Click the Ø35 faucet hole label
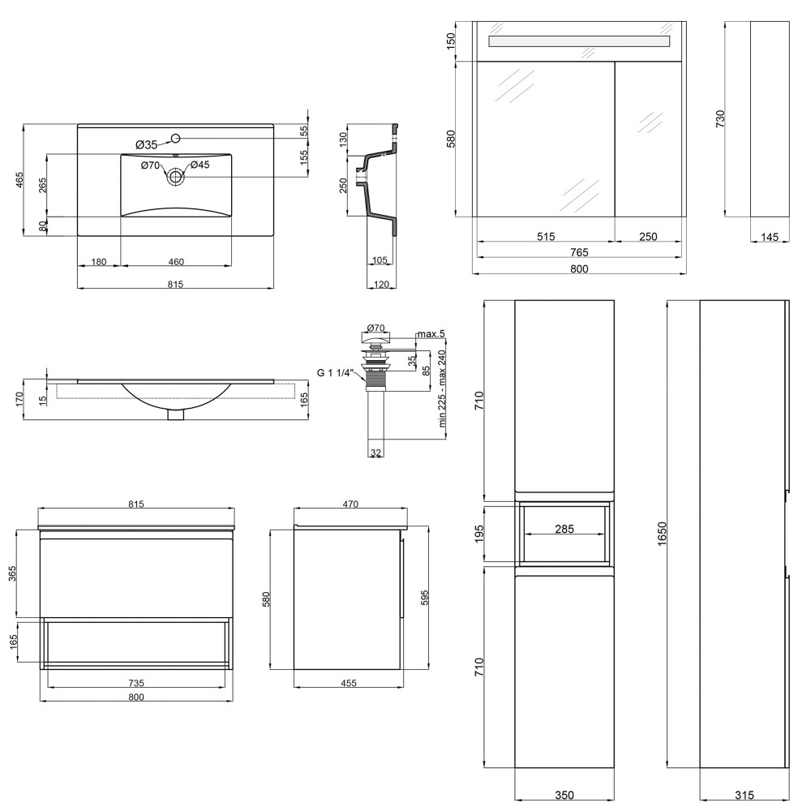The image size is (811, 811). [x=146, y=145]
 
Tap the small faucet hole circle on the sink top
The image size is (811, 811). [x=175, y=138]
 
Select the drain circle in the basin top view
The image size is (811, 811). [x=176, y=176]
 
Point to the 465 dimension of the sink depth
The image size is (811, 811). [x=19, y=179]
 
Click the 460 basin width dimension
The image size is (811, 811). [x=176, y=262]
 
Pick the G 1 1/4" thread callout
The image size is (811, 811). [x=335, y=372]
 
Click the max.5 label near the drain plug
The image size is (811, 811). [x=431, y=333]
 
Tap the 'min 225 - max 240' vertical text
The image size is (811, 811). [x=442, y=388]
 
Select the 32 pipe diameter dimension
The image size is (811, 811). [x=376, y=453]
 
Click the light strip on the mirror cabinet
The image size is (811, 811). [x=579, y=41]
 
